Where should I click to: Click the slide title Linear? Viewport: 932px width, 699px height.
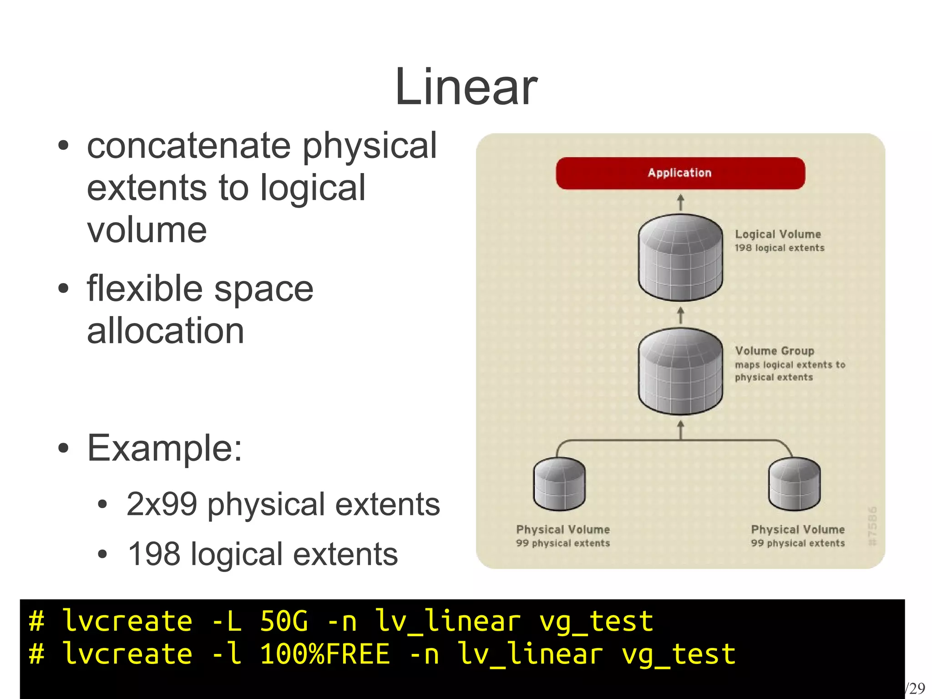pyautogui.click(x=466, y=87)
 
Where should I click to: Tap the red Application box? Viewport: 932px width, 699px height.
pyautogui.click(x=680, y=173)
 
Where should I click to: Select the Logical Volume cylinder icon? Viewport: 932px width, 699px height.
pyautogui.click(x=680, y=257)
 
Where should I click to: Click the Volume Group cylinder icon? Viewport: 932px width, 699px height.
pyautogui.click(x=680, y=371)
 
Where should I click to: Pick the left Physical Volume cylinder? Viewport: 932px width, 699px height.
pyautogui.click(x=559, y=484)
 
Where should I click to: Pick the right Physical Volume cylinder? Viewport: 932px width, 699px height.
pyautogui.click(x=794, y=484)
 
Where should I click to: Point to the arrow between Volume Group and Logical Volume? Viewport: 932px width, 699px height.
pyautogui.click(x=680, y=315)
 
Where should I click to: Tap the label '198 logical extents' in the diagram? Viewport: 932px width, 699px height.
pyautogui.click(x=779, y=248)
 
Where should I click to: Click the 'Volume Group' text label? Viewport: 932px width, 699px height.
pyautogui.click(x=774, y=351)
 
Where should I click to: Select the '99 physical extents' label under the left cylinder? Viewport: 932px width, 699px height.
pyautogui.click(x=562, y=543)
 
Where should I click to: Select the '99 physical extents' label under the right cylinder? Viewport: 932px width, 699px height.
pyautogui.click(x=797, y=543)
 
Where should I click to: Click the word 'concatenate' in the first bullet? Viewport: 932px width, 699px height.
pyautogui.click(x=188, y=147)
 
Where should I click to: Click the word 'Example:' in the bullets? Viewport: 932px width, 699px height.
pyautogui.click(x=164, y=448)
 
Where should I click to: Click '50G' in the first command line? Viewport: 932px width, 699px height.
pyautogui.click(x=284, y=622)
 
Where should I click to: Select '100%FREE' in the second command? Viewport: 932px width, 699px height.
pyautogui.click(x=325, y=654)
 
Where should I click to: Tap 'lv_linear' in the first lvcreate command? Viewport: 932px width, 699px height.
pyautogui.click(x=448, y=622)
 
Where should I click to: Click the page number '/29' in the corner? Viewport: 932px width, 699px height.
pyautogui.click(x=916, y=688)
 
